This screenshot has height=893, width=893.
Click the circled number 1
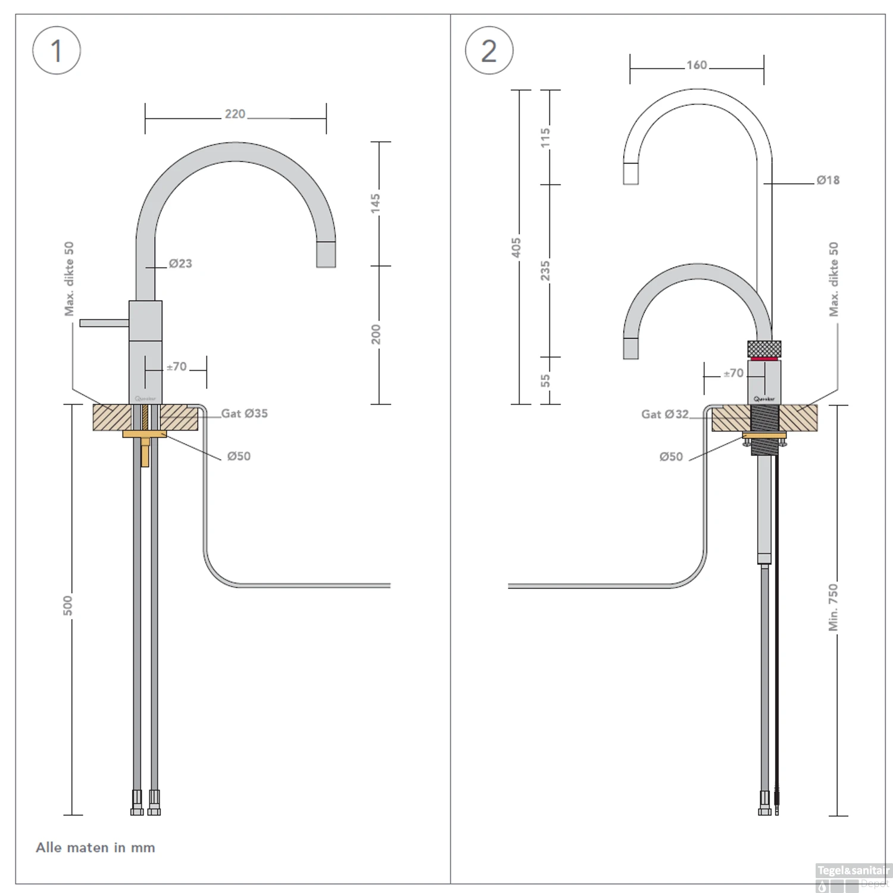click(57, 51)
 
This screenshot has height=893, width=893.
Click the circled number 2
click(489, 51)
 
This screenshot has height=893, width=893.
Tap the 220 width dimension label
click(235, 114)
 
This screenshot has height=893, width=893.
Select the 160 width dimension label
click(697, 65)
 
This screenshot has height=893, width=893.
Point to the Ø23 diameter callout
click(180, 263)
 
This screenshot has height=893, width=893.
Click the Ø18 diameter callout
click(828, 180)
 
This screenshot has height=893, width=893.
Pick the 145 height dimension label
click(376, 202)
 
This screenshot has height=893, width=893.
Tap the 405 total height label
click(516, 248)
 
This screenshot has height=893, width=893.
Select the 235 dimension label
click(545, 271)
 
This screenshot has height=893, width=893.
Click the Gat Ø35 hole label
click(245, 413)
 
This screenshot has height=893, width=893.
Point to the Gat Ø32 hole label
click(665, 414)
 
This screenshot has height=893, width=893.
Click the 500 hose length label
click(68, 605)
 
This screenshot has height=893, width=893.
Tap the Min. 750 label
click(833, 607)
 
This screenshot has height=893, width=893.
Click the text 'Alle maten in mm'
click(95, 847)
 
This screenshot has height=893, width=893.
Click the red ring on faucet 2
click(764, 358)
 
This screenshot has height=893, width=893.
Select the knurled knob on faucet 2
click(764, 348)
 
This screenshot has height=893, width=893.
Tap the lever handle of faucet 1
click(104, 323)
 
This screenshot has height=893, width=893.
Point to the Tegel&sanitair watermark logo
click(853, 877)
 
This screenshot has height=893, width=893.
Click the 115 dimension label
click(545, 138)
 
